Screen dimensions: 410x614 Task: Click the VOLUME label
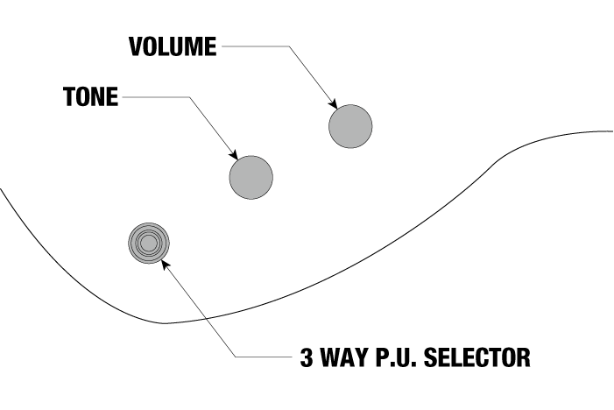tap(172, 46)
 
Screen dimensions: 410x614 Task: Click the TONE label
tap(89, 96)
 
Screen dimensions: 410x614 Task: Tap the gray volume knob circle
tap(350, 125)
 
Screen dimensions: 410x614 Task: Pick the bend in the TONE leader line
tap(186, 97)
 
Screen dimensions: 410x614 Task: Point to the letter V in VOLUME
tap(136, 46)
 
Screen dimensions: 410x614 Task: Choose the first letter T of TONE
tap(68, 96)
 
